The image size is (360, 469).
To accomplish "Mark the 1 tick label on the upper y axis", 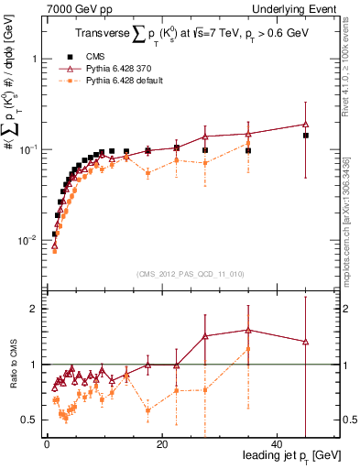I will (32, 59).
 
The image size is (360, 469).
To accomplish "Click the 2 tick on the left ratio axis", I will (32, 309).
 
